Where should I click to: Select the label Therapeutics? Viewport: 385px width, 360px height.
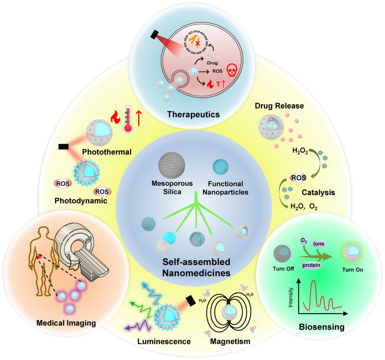193,115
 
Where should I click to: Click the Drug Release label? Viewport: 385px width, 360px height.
279,106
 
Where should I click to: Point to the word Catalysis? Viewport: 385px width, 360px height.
318,192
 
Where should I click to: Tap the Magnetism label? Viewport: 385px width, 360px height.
230,341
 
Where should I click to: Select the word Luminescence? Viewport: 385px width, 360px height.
164,341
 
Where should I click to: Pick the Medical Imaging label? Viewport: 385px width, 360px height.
66,323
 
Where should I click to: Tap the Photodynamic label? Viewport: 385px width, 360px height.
81,201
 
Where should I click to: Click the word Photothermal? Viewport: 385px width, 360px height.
107,152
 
